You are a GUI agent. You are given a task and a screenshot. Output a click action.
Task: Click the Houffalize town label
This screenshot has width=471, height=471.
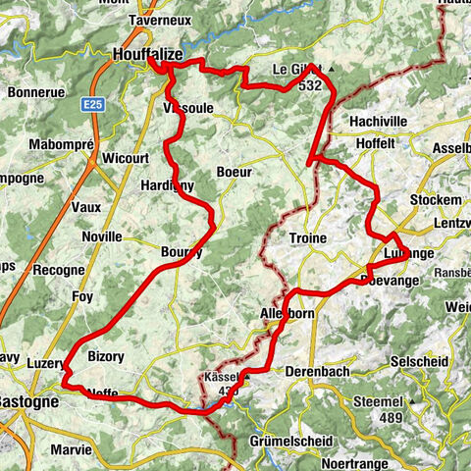coord(147,55)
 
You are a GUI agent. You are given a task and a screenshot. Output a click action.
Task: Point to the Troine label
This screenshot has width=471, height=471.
coord(307,238)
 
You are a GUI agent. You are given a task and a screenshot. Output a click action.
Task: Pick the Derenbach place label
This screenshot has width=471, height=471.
coord(317,372)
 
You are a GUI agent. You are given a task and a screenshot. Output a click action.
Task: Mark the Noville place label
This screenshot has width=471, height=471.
coord(102,236)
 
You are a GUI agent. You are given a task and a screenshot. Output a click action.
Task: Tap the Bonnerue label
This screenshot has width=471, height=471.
coord(35,92)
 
